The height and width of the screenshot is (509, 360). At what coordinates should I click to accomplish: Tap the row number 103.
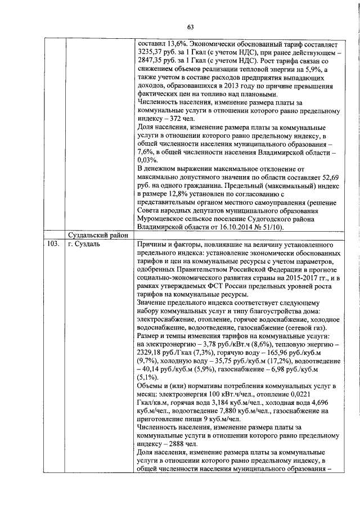point(52,245)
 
